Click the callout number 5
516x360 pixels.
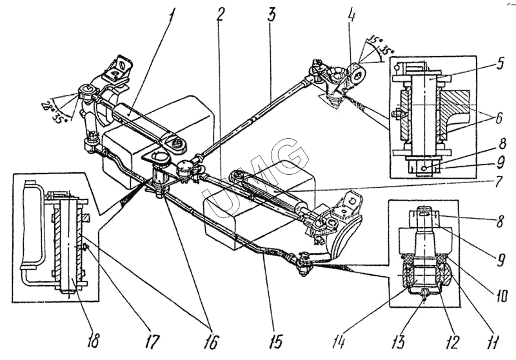500,63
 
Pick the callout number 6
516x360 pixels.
499,117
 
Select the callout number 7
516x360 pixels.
499,181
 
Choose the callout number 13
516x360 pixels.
399,342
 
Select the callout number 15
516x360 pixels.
275,342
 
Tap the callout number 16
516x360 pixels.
211,342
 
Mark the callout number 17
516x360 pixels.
152,342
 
